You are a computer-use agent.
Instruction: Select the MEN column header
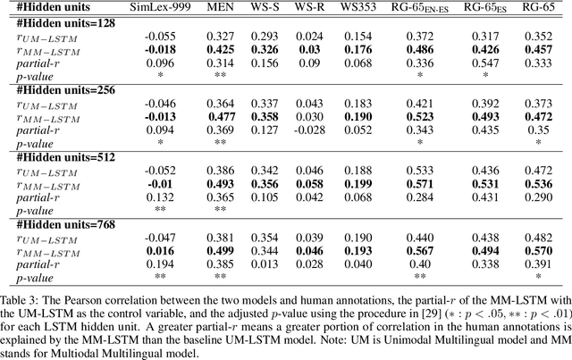coord(221,7)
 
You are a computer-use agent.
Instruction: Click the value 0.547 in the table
coord(475,63)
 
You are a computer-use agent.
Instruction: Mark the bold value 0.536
coord(538,183)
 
